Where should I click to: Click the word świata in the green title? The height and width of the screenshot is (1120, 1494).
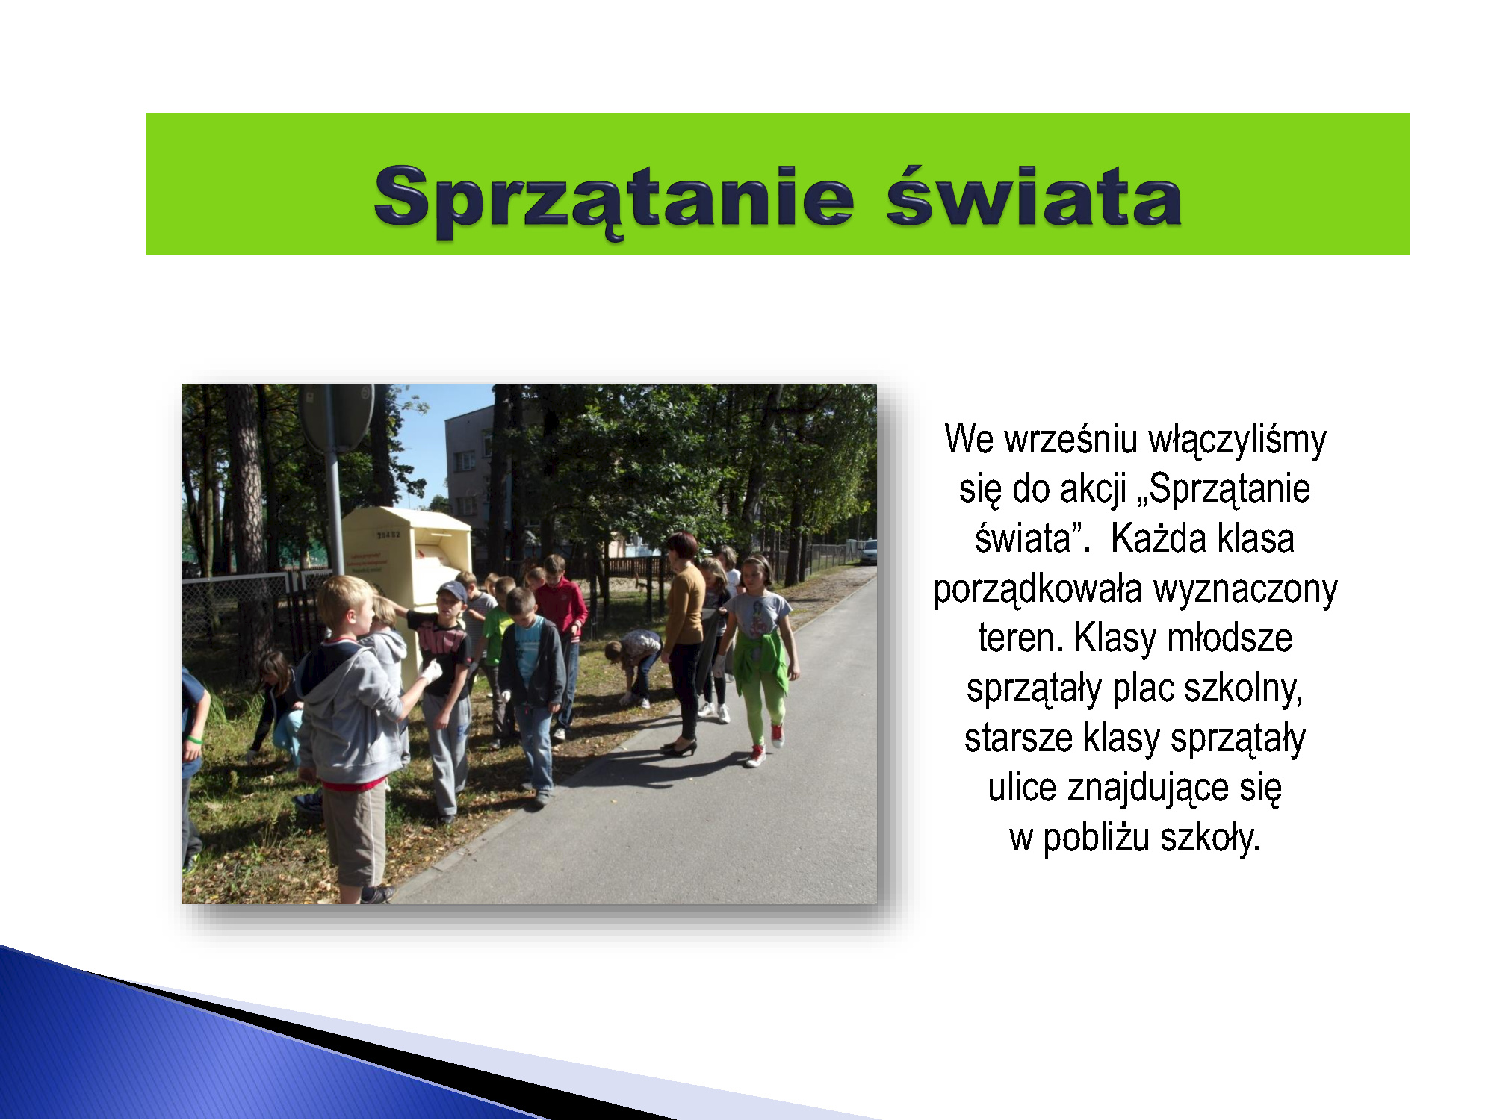pos(1034,195)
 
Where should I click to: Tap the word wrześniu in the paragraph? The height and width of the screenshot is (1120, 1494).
pos(1071,439)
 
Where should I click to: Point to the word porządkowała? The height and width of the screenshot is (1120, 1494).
pos(1038,590)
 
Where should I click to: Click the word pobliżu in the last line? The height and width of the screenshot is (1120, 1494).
pos(1096,838)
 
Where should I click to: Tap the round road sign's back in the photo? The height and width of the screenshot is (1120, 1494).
pos(337,418)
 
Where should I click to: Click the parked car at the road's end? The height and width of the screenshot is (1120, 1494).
pos(868,552)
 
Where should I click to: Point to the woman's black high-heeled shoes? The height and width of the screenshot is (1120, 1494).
pos(680,747)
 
